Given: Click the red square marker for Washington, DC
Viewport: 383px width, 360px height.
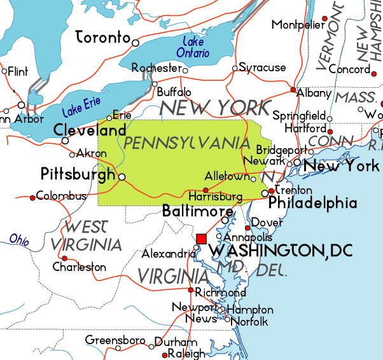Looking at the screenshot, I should coord(202,239).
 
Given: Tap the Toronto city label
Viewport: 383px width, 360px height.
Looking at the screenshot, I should coord(102,38).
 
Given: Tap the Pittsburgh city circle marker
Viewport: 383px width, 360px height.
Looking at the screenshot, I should coord(122,177).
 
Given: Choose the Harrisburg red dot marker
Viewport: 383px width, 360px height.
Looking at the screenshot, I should coord(205,190).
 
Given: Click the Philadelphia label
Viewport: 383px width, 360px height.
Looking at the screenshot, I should coord(312,204).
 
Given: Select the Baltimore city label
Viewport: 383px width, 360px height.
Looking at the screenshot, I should coord(197,211).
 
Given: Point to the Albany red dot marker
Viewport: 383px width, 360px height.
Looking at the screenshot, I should coord(293,90).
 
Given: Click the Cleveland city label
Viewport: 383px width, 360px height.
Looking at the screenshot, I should coord(90,130).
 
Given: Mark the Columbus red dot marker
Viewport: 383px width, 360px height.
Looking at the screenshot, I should coord(32,197).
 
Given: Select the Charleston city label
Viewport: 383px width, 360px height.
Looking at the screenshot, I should coord(80,267).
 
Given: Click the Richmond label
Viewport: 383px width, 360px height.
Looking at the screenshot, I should coord(220,293).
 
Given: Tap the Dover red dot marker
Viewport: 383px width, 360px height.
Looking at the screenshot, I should coord(248,228).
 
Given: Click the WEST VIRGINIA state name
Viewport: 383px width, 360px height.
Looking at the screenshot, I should coord(94,235).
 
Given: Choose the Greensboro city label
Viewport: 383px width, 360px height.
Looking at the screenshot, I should coord(115,340).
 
